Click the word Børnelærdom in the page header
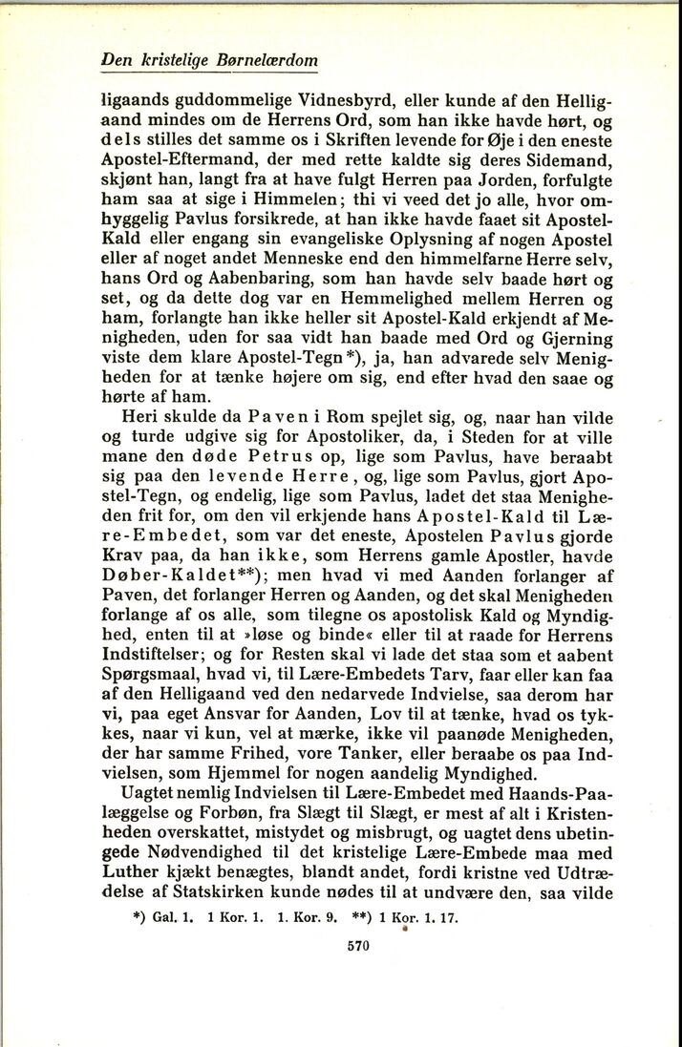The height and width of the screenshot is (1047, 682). pyautogui.click(x=271, y=60)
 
